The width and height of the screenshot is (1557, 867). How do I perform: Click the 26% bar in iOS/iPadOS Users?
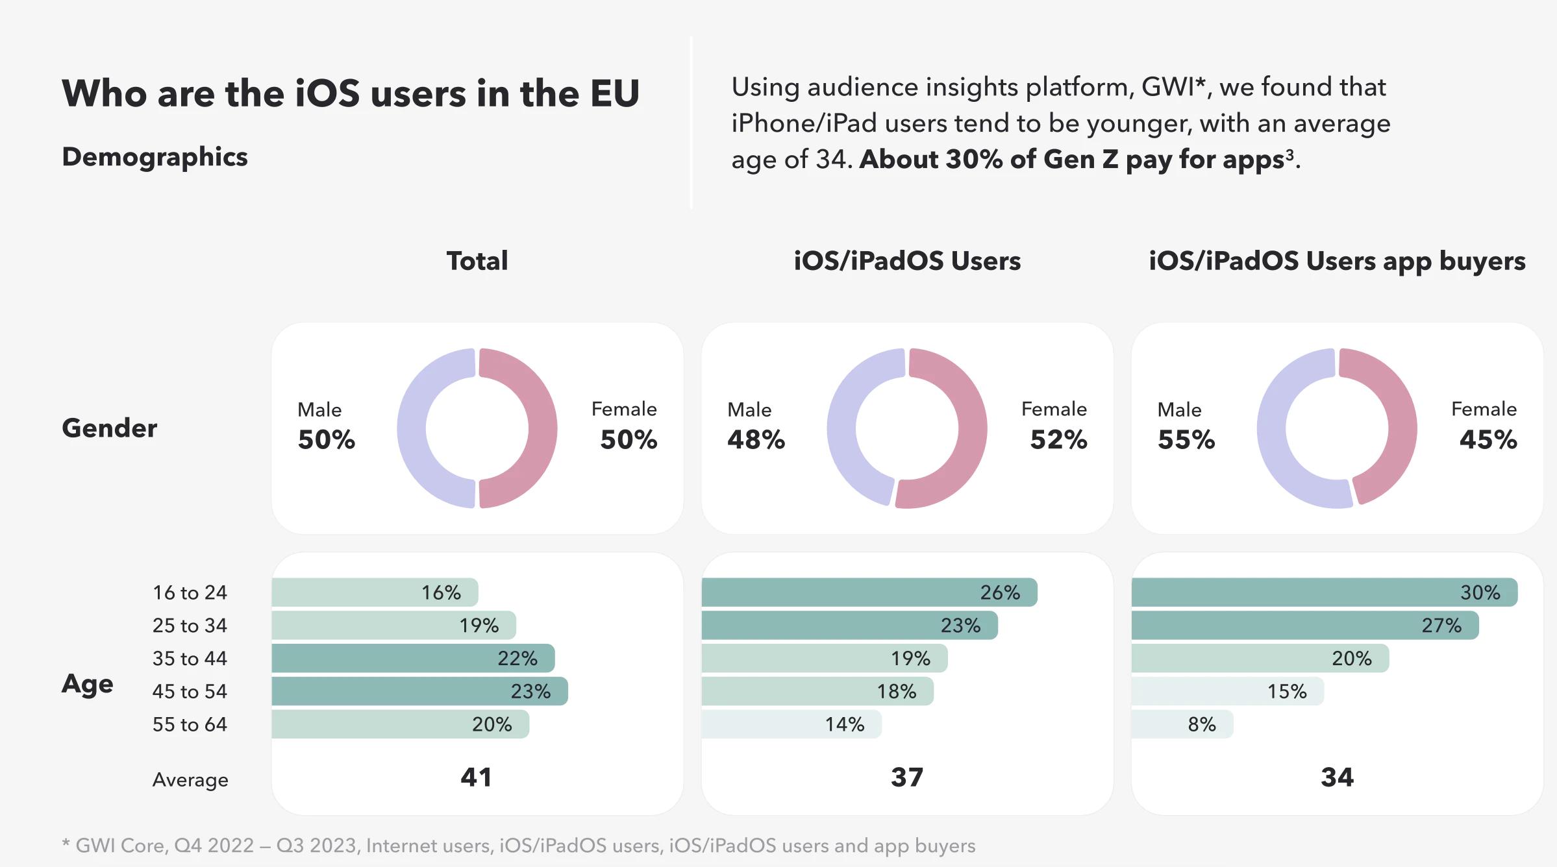coord(869,592)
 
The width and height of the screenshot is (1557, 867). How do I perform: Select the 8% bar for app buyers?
coord(1182,724)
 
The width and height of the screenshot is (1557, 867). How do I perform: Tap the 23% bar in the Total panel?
coord(419,691)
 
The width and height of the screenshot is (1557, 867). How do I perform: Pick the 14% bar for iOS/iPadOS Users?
coord(791,724)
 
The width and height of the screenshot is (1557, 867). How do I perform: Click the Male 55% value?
coord(1186,440)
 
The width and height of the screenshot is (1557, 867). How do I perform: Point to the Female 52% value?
coord(1058,440)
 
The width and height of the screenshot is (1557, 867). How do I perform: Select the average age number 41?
coord(476,777)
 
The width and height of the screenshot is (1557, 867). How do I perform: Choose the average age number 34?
coord(1337,777)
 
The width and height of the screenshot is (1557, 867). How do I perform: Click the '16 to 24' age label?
coord(190,592)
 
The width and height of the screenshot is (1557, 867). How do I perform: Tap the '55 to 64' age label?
coord(190,724)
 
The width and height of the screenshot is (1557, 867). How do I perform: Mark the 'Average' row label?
coord(190,779)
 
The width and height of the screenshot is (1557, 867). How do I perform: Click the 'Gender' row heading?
coord(109,428)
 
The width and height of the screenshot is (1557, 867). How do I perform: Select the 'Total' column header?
coord(477,261)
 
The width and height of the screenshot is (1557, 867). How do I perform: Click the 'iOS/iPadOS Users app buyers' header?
coord(1337,261)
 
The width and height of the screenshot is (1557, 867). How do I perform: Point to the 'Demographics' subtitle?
coord(155,157)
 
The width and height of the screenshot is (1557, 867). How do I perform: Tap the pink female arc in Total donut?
coord(542,428)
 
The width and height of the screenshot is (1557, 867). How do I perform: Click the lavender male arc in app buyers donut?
coord(1271,428)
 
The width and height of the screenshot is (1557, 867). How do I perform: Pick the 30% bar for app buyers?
coord(1324,592)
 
